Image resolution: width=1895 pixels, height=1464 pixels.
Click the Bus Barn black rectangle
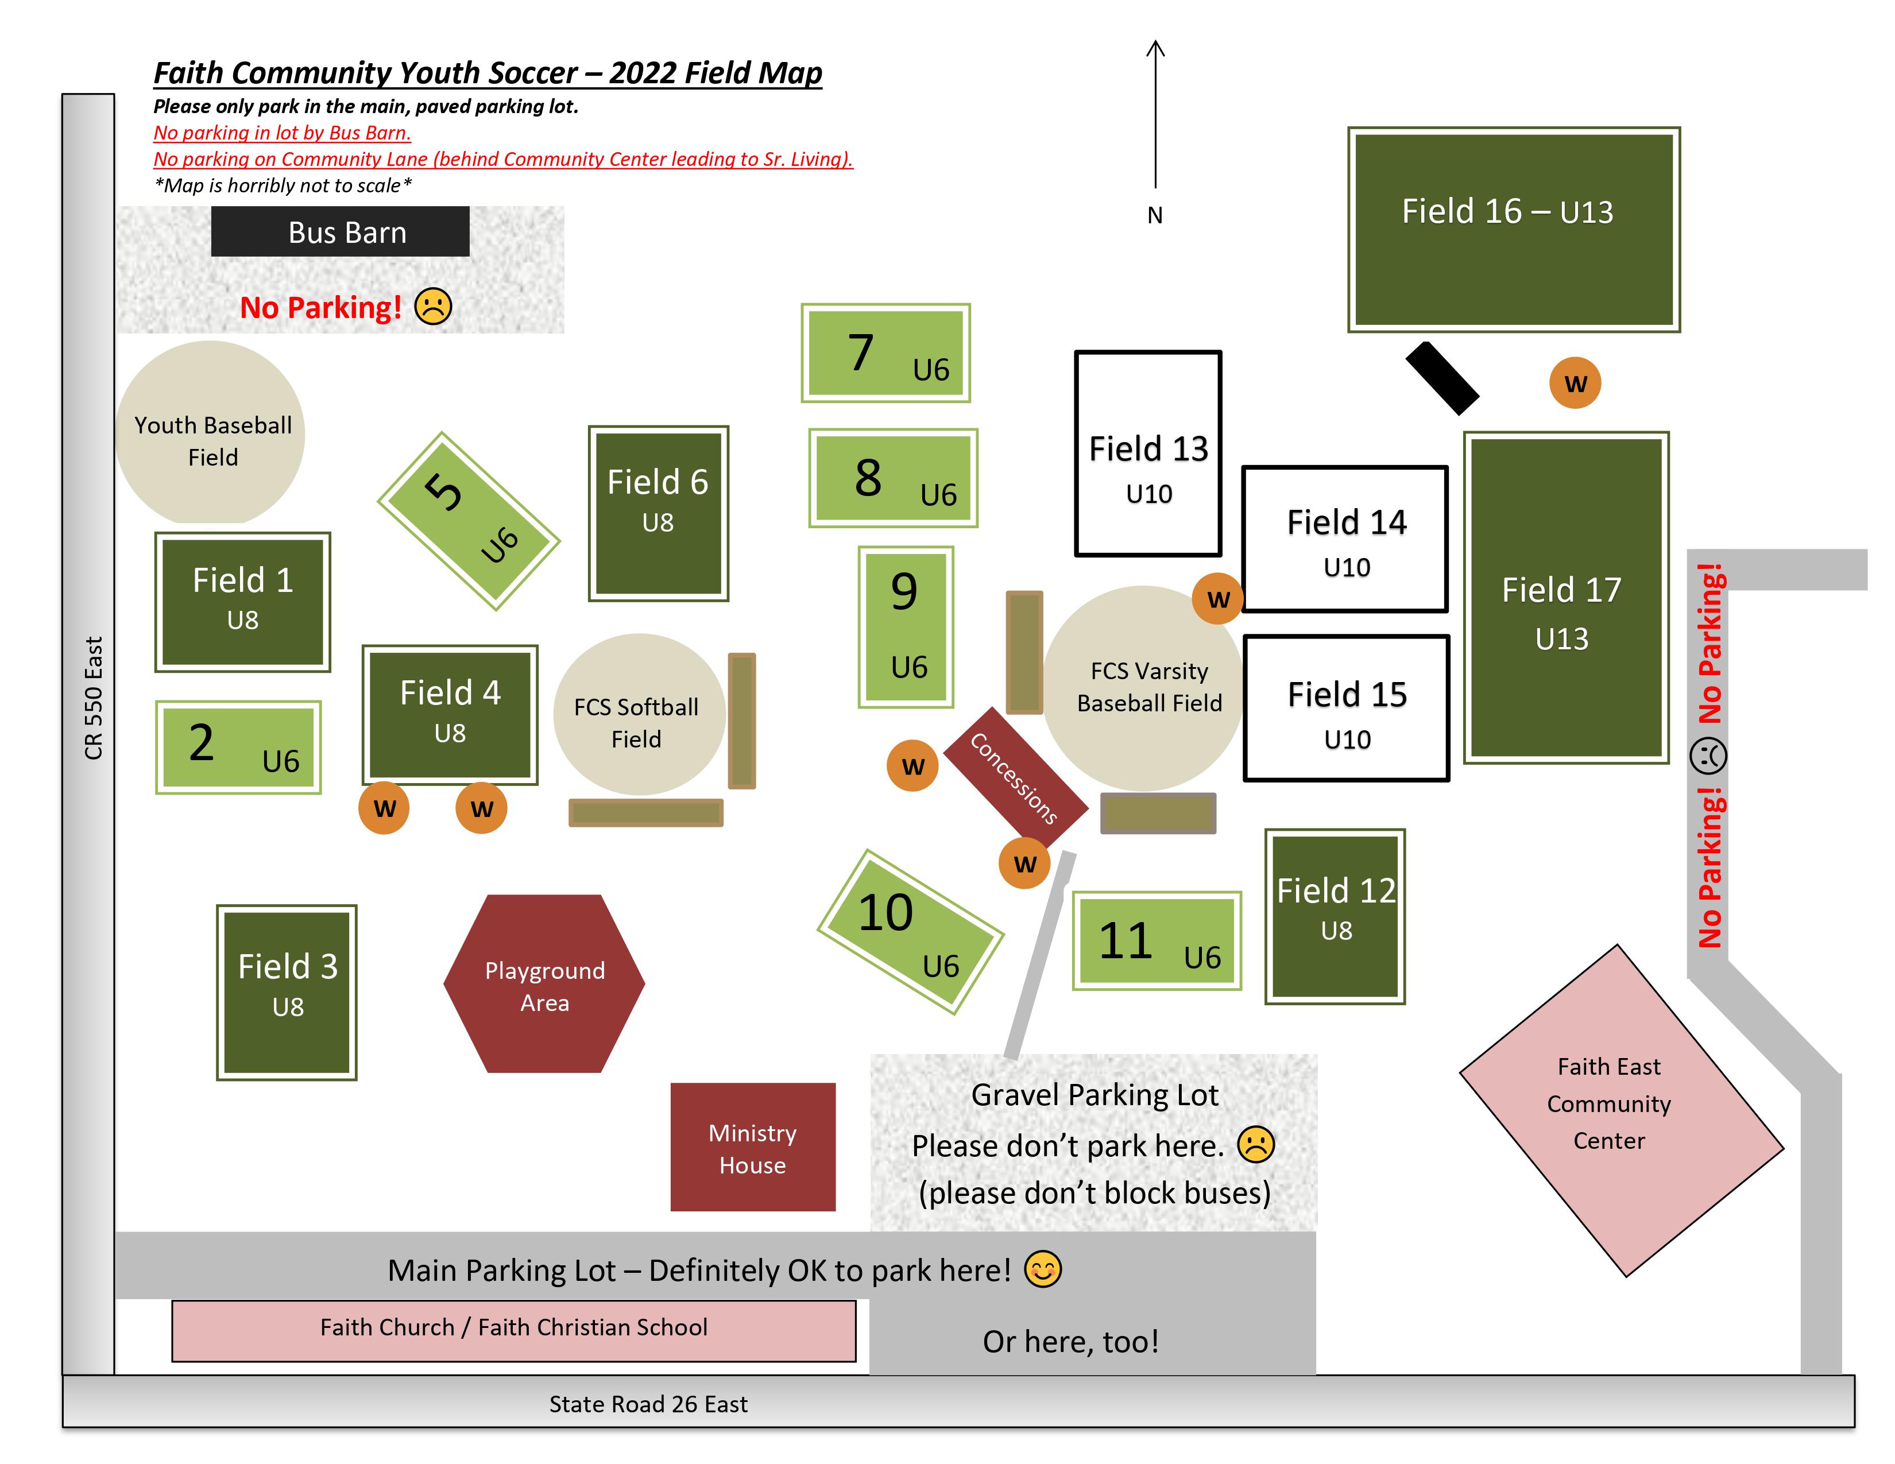[340, 231]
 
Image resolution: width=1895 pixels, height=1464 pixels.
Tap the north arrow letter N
[1154, 215]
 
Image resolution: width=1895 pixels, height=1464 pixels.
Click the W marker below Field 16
[1575, 382]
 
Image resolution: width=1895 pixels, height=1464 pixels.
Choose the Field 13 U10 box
[1148, 453]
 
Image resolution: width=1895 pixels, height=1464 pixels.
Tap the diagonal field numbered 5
[469, 520]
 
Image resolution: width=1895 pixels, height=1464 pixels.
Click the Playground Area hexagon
[544, 983]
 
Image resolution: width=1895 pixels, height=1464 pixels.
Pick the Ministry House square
[752, 1147]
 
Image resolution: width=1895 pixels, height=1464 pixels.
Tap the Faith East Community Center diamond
[1621, 1110]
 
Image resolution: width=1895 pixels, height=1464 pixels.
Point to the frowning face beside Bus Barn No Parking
[433, 306]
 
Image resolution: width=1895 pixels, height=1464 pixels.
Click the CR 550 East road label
[94, 698]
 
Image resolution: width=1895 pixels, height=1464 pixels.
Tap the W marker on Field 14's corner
[1218, 598]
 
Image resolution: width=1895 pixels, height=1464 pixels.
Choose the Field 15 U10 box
[1347, 708]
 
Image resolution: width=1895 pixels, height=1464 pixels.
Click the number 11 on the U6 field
[1126, 940]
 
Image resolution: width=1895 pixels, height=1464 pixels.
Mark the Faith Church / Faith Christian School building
[514, 1330]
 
